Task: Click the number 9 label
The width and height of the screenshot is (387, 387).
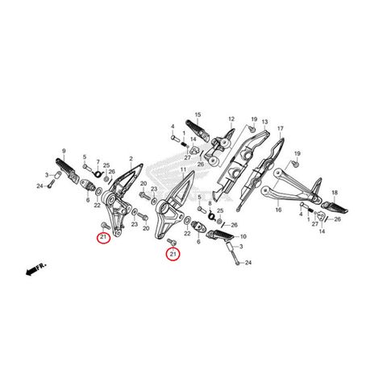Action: click(63, 150)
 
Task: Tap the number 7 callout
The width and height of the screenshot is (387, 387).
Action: click(98, 161)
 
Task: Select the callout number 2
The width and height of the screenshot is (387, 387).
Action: click(131, 160)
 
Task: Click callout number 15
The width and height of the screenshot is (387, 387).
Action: click(198, 116)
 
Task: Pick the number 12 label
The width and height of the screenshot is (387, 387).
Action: click(231, 119)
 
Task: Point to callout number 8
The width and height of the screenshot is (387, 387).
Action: click(210, 205)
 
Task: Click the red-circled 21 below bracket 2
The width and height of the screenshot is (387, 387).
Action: click(103, 237)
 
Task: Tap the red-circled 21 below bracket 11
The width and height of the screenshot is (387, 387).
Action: click(173, 255)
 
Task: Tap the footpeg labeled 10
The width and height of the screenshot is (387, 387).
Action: click(222, 235)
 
